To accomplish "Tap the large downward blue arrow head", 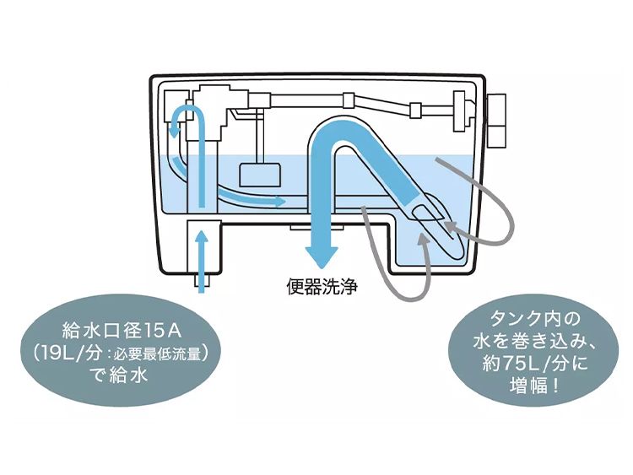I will (322, 252).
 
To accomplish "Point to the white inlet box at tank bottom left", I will (202, 245).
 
